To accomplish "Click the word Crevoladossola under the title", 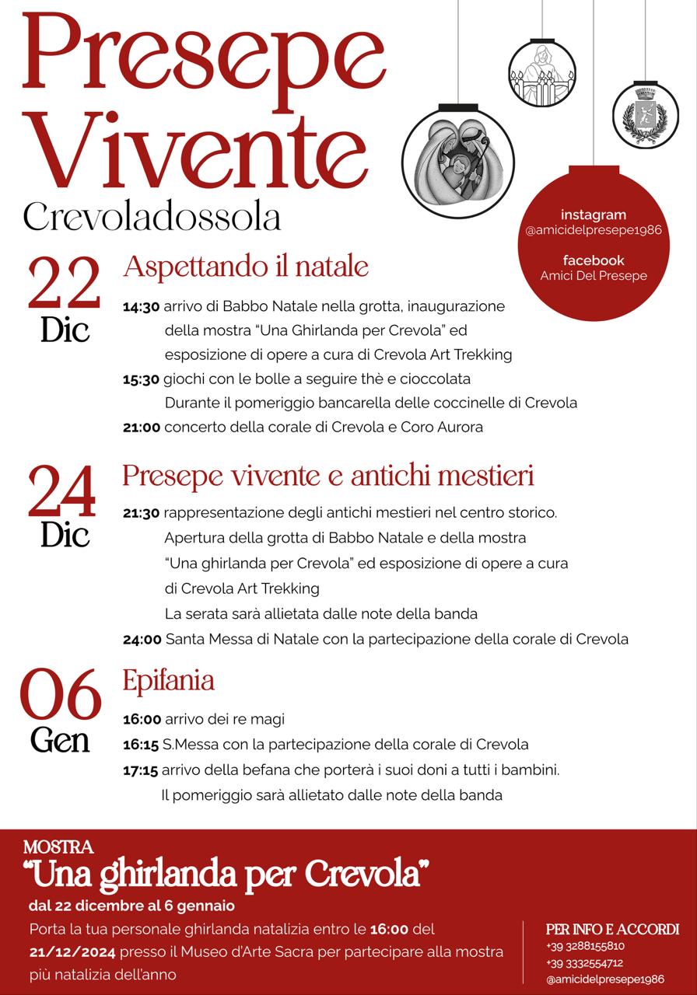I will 152,218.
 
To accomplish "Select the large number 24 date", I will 62,493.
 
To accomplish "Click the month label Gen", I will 61,740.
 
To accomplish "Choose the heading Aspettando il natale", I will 245,267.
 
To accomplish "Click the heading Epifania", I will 169,681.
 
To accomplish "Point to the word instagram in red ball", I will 594,215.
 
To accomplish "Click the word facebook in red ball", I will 594,260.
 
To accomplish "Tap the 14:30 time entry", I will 141,307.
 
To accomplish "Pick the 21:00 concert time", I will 141,427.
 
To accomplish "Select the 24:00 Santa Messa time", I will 142,640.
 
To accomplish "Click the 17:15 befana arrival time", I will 140,771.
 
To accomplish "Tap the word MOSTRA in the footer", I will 58,847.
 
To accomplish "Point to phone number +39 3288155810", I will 585,946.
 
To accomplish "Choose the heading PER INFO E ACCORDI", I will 612,929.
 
